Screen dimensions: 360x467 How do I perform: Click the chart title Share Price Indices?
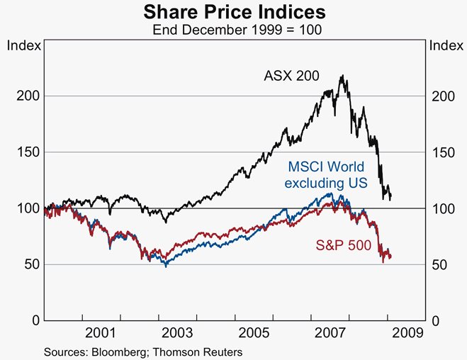click(234, 11)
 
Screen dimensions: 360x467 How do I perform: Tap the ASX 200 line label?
click(292, 75)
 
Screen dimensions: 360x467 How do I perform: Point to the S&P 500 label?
click(339, 246)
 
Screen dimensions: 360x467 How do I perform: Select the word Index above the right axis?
click(444, 46)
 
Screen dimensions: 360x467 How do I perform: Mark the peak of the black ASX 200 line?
click(343, 76)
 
